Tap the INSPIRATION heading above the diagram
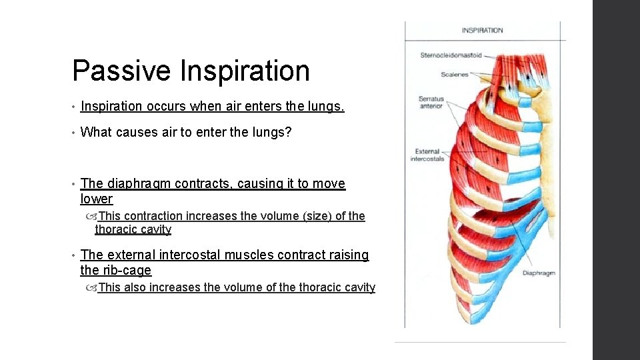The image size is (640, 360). (482, 30)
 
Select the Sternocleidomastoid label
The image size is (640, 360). (451, 55)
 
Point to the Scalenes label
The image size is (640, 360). (455, 75)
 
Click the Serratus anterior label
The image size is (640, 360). (431, 103)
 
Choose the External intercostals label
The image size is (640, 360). (427, 155)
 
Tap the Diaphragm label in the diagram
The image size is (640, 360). (539, 273)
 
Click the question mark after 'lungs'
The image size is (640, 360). (289, 132)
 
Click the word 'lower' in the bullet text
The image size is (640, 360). (97, 199)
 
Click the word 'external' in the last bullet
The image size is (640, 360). (130, 255)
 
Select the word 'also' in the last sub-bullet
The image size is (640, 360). (135, 287)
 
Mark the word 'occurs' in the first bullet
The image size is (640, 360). (166, 105)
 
